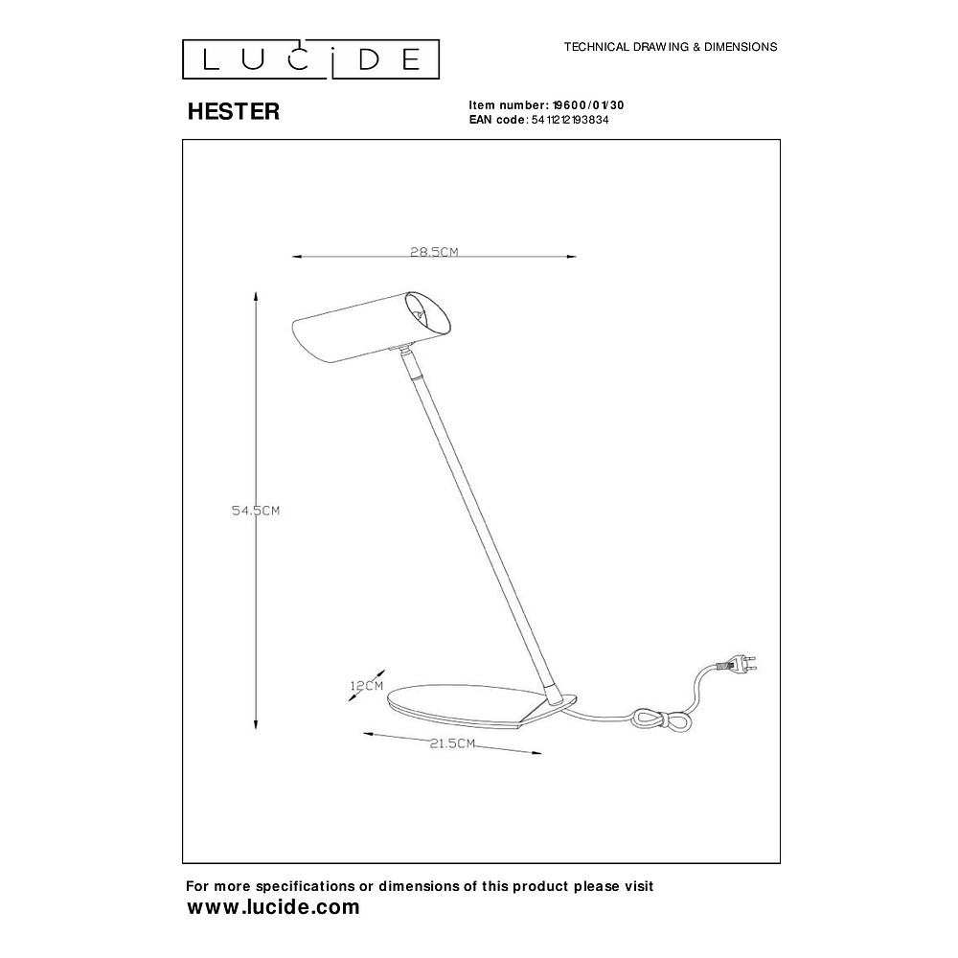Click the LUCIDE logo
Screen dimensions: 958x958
point(310,59)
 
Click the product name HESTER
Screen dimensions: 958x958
point(234,111)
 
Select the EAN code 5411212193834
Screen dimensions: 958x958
point(570,120)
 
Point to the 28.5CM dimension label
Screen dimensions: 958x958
point(434,252)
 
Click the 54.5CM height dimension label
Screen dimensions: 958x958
point(256,511)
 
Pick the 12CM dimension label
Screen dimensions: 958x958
point(367,686)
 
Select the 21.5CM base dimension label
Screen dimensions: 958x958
point(452,743)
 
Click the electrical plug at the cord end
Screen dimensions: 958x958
point(740,664)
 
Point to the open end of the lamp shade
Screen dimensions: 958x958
point(428,313)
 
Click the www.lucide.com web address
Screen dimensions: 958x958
point(273,907)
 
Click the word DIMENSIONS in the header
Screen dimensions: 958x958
point(741,47)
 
